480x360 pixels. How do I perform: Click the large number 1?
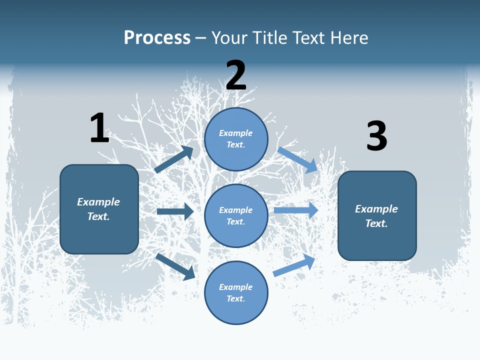pos(99,127)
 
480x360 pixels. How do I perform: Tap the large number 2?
pos(236,75)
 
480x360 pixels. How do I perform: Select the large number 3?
pos(376,136)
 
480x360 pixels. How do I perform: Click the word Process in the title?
pos(157,37)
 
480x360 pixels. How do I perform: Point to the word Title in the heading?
pos(269,37)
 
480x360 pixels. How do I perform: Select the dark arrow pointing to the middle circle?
pos(175,211)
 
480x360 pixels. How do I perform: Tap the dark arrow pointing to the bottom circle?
pos(175,266)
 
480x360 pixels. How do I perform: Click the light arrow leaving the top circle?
pos(298,159)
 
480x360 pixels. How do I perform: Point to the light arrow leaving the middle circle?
pos(296,210)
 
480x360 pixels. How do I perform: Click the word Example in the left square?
pos(98,202)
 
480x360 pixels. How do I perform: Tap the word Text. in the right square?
pos(376,223)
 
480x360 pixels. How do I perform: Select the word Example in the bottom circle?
pos(236,287)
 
